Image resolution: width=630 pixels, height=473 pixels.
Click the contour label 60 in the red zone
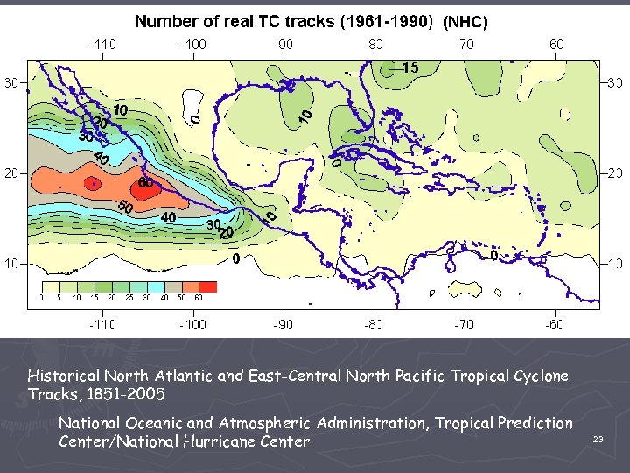pyautogui.click(x=145, y=183)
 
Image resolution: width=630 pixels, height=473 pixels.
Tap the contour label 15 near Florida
pyautogui.click(x=409, y=67)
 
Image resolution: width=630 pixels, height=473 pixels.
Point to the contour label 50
pyautogui.click(x=125, y=208)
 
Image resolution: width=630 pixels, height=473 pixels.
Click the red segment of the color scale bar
pyautogui.click(x=208, y=287)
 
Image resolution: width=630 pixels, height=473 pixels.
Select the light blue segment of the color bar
pyautogui.click(x=157, y=287)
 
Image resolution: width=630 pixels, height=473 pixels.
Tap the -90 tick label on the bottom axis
pyautogui.click(x=283, y=324)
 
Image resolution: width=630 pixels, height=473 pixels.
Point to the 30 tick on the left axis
pyautogui.click(x=12, y=82)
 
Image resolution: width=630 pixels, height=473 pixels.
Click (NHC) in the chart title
pyautogui.click(x=464, y=22)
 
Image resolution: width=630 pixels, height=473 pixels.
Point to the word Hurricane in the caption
pyautogui.click(x=271, y=441)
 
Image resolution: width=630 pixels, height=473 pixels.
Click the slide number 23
pyautogui.click(x=598, y=440)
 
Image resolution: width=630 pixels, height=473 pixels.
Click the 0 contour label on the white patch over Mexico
pyautogui.click(x=194, y=115)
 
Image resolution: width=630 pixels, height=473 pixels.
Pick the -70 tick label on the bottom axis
pyautogui.click(x=464, y=324)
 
